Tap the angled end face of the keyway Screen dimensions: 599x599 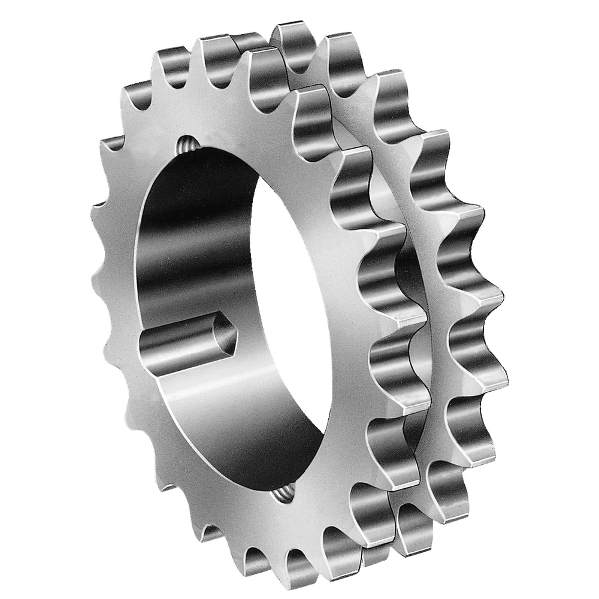point(225,335)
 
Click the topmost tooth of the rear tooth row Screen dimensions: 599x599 point(294,39)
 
